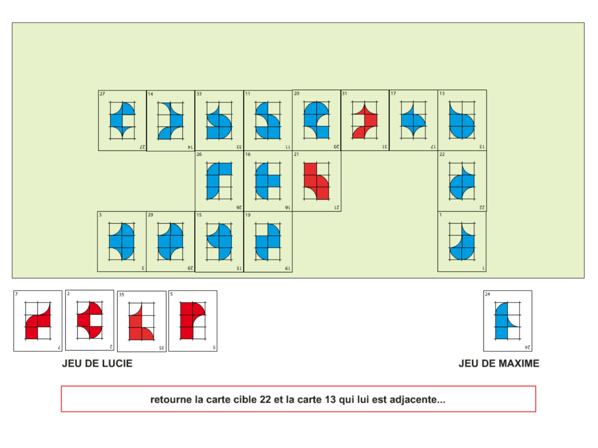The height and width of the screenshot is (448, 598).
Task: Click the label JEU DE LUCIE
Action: (97, 363)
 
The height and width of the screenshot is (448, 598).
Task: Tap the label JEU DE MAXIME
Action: (499, 363)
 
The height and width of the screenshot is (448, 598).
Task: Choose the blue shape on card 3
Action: (122, 242)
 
